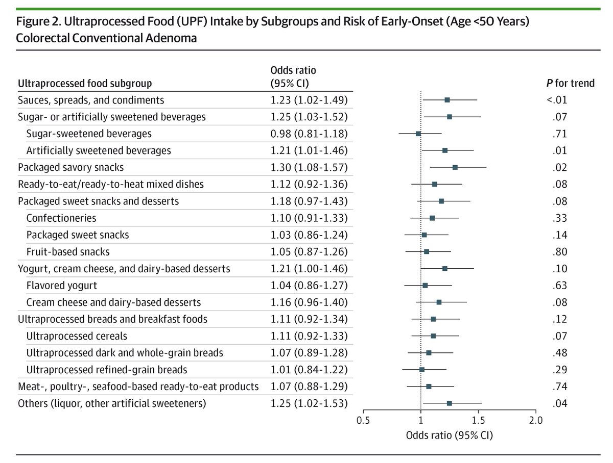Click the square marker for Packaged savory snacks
455,167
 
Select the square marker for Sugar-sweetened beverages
418,134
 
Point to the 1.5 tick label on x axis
478,421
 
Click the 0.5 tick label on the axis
363,421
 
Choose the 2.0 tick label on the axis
535,421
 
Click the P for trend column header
570,83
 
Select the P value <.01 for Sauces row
557,100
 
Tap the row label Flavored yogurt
62,285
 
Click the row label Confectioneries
61,218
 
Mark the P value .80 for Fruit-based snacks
560,251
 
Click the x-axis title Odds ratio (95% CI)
449,435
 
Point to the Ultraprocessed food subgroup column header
85,83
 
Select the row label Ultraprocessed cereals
77,336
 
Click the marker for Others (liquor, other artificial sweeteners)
450,403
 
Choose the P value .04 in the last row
560,403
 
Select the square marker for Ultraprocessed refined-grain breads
422,369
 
